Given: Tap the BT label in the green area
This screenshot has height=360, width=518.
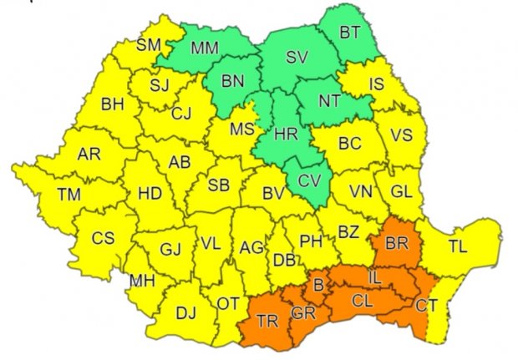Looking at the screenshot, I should click(x=350, y=33).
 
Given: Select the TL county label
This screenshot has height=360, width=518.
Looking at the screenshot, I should click(x=457, y=246).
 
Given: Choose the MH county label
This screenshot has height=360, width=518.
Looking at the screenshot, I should click(x=141, y=280).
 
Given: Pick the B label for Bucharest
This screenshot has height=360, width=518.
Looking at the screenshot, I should click(x=317, y=286).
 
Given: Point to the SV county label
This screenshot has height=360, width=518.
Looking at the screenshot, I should click(x=297, y=58).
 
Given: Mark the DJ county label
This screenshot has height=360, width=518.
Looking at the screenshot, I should click(x=185, y=313).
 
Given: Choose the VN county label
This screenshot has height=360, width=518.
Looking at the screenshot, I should click(x=361, y=191).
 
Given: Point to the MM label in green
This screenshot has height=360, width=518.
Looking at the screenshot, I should click(x=205, y=48).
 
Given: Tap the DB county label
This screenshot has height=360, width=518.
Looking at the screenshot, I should click(x=284, y=260).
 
